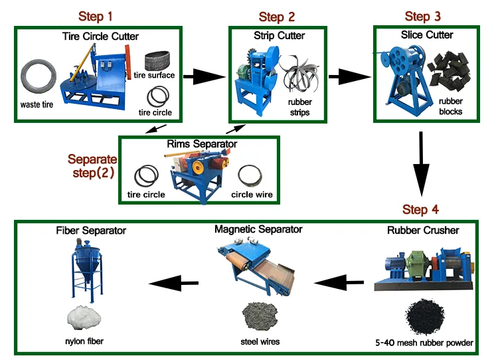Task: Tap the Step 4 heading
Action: point(420,210)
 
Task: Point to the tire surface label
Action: point(154,75)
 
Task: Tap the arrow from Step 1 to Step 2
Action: point(202,77)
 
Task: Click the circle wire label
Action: point(252,195)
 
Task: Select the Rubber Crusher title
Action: point(423,231)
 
